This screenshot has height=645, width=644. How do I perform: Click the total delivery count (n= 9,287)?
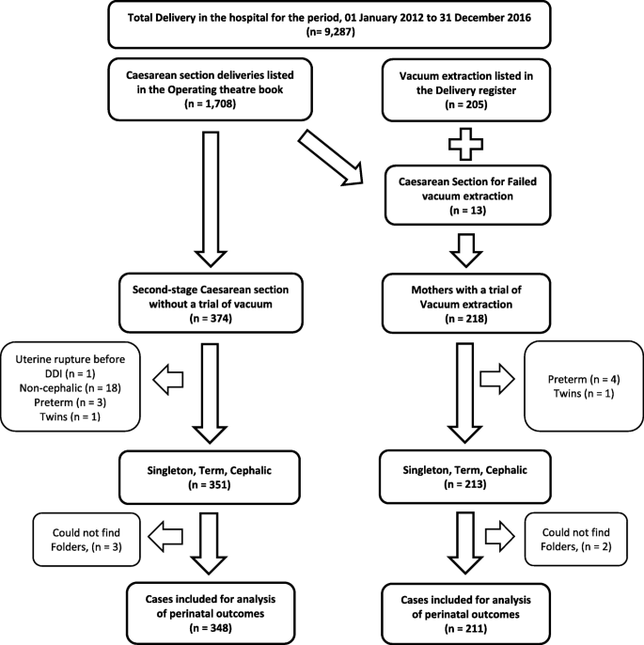(x=331, y=32)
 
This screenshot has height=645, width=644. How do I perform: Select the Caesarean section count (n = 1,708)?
(x=211, y=104)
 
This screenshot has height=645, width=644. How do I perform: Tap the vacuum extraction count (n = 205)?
(x=466, y=104)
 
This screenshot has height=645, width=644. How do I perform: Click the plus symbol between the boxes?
(x=465, y=144)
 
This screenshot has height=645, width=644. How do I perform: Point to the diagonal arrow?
(x=332, y=158)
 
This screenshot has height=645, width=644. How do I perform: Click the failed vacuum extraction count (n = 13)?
(x=467, y=211)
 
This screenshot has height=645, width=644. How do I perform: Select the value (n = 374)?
(x=211, y=319)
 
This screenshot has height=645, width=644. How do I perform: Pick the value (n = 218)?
(x=466, y=319)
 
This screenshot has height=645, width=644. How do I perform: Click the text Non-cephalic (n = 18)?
(x=71, y=388)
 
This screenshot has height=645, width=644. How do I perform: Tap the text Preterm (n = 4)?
(x=584, y=379)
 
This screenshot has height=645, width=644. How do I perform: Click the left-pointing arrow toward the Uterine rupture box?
(x=167, y=379)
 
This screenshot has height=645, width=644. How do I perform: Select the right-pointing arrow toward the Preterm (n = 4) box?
(x=497, y=379)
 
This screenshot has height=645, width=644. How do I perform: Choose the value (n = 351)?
(x=210, y=485)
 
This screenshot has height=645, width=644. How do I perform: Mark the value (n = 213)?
(x=465, y=484)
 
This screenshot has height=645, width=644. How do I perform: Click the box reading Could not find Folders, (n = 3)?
(x=86, y=540)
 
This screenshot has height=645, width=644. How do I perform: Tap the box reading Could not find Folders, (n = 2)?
(x=575, y=539)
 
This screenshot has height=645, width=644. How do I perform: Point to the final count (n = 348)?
(x=211, y=628)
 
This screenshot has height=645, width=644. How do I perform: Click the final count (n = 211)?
(x=466, y=629)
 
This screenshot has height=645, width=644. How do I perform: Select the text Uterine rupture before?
(x=71, y=359)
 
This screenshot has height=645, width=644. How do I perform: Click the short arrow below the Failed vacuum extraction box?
(x=466, y=250)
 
